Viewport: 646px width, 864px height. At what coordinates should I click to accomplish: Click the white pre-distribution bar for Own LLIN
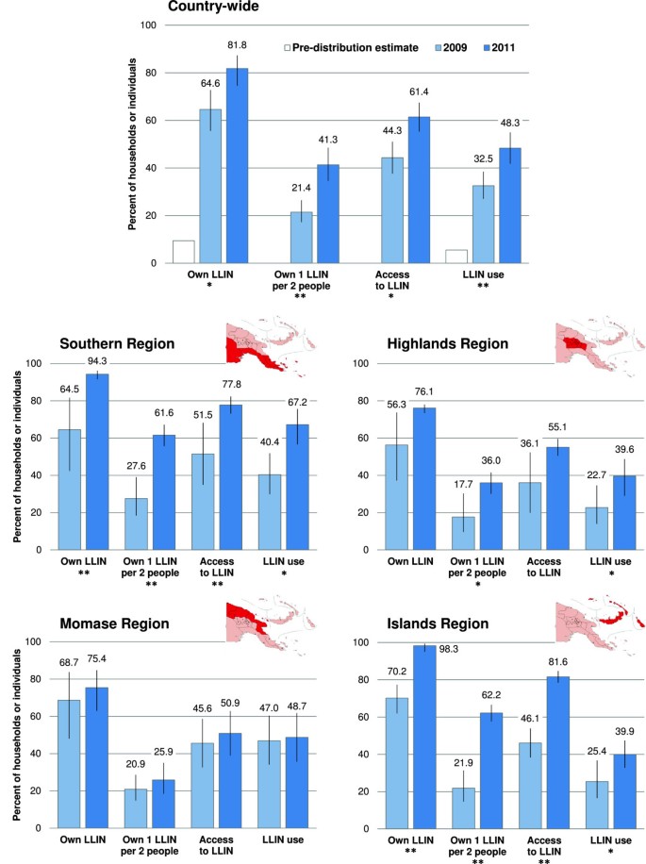point(184,252)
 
